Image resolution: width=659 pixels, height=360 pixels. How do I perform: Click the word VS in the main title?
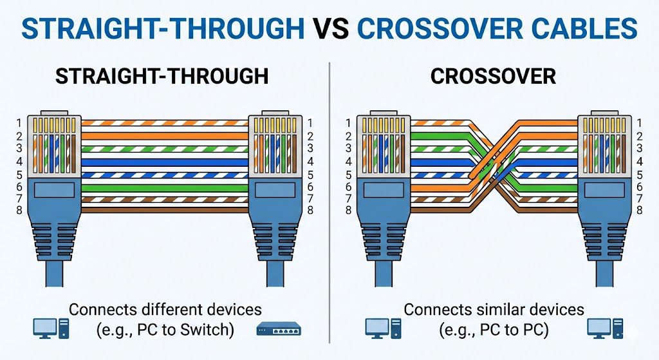[x=330, y=28]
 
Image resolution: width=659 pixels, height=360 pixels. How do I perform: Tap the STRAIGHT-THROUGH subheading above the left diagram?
[x=162, y=76]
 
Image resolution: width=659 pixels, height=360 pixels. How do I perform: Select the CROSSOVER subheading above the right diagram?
[x=493, y=76]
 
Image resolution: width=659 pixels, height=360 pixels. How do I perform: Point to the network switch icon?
[x=278, y=329]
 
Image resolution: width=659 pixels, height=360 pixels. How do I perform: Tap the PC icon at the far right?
[x=606, y=328]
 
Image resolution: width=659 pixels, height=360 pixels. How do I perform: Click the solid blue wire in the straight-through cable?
[x=165, y=162]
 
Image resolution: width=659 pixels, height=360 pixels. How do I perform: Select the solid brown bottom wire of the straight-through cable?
[x=165, y=210]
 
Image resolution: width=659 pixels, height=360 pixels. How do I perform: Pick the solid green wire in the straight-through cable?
[x=165, y=187]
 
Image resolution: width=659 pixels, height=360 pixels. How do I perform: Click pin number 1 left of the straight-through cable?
[x=19, y=122]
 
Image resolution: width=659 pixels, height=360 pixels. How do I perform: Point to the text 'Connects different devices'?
[x=165, y=309]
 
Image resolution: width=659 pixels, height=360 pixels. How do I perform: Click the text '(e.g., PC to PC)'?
[x=494, y=331]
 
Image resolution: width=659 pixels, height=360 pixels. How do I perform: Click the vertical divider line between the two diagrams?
[x=329, y=193]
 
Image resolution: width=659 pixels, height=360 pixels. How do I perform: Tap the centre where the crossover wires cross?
[x=494, y=166]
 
